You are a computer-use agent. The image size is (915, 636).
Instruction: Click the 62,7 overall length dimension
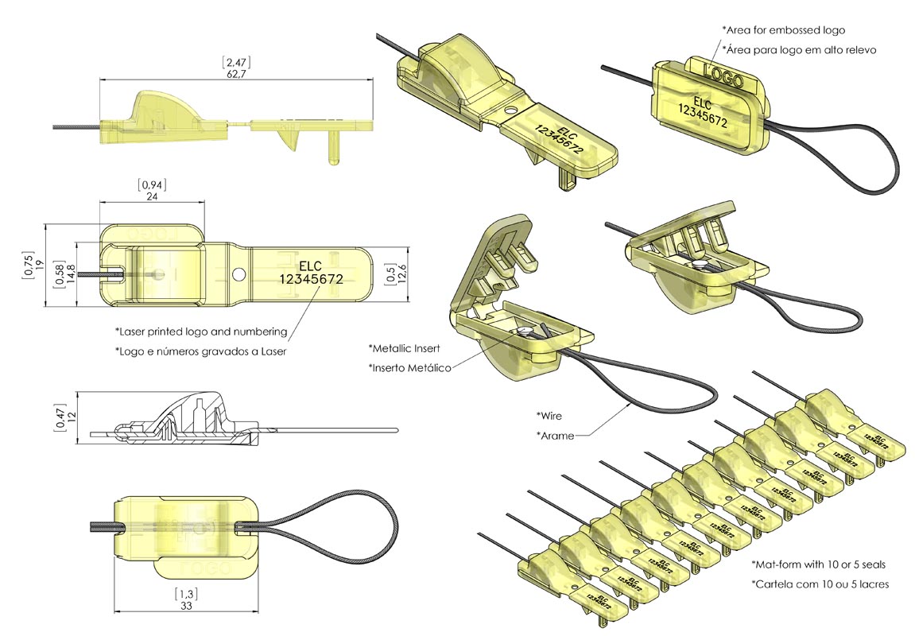tap(235, 74)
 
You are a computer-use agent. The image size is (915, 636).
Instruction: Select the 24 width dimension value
tap(152, 198)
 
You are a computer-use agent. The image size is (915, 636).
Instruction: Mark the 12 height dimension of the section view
tap(71, 417)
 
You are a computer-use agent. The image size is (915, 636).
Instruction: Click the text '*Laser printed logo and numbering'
tap(200, 331)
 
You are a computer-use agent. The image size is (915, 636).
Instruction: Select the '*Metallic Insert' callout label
tap(405, 348)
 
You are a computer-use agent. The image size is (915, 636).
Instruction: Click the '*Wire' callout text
tap(550, 415)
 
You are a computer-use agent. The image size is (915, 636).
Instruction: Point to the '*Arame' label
tap(555, 435)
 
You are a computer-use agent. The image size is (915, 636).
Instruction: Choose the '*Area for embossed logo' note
tap(783, 30)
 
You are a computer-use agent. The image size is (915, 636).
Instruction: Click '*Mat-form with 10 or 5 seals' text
tap(818, 564)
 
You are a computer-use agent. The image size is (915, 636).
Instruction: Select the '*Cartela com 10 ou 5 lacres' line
tap(820, 584)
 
